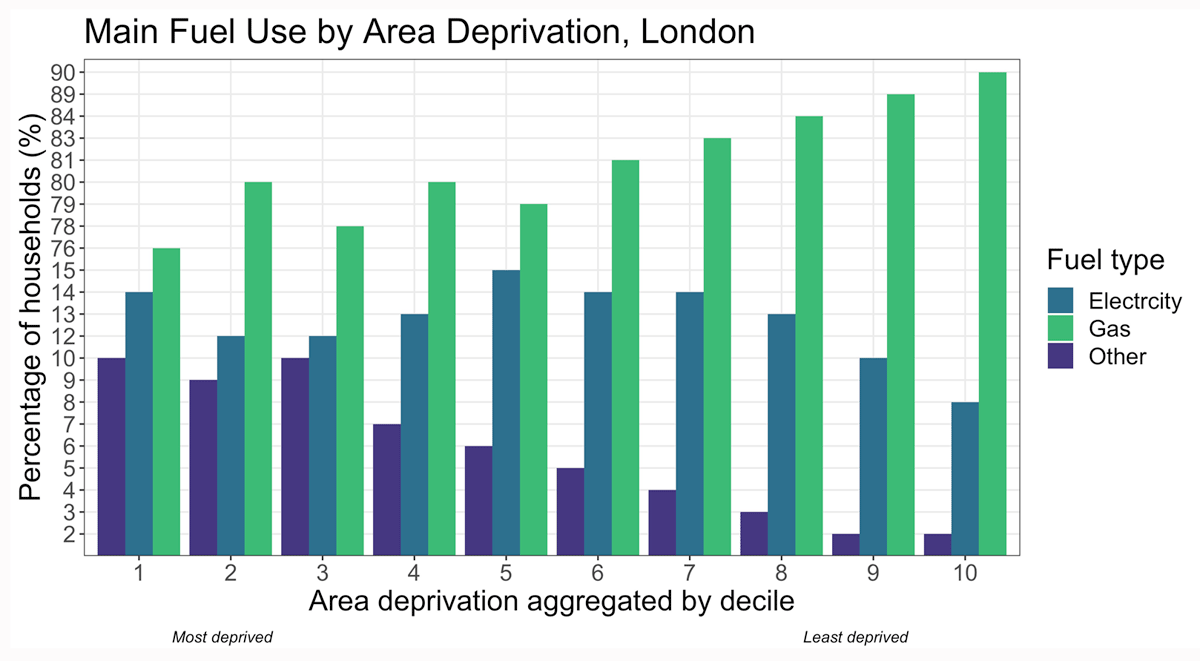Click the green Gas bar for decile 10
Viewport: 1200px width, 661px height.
992,313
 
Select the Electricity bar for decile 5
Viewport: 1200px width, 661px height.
506,412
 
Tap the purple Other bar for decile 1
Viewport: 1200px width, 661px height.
111,456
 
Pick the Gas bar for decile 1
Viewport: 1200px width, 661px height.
166,401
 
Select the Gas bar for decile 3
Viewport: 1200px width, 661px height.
350,390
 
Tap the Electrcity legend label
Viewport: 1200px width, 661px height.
1134,301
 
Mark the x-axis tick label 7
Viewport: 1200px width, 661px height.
690,573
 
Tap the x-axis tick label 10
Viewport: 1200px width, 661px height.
965,573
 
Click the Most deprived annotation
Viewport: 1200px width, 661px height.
222,636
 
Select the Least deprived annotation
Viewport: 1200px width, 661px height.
856,636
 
